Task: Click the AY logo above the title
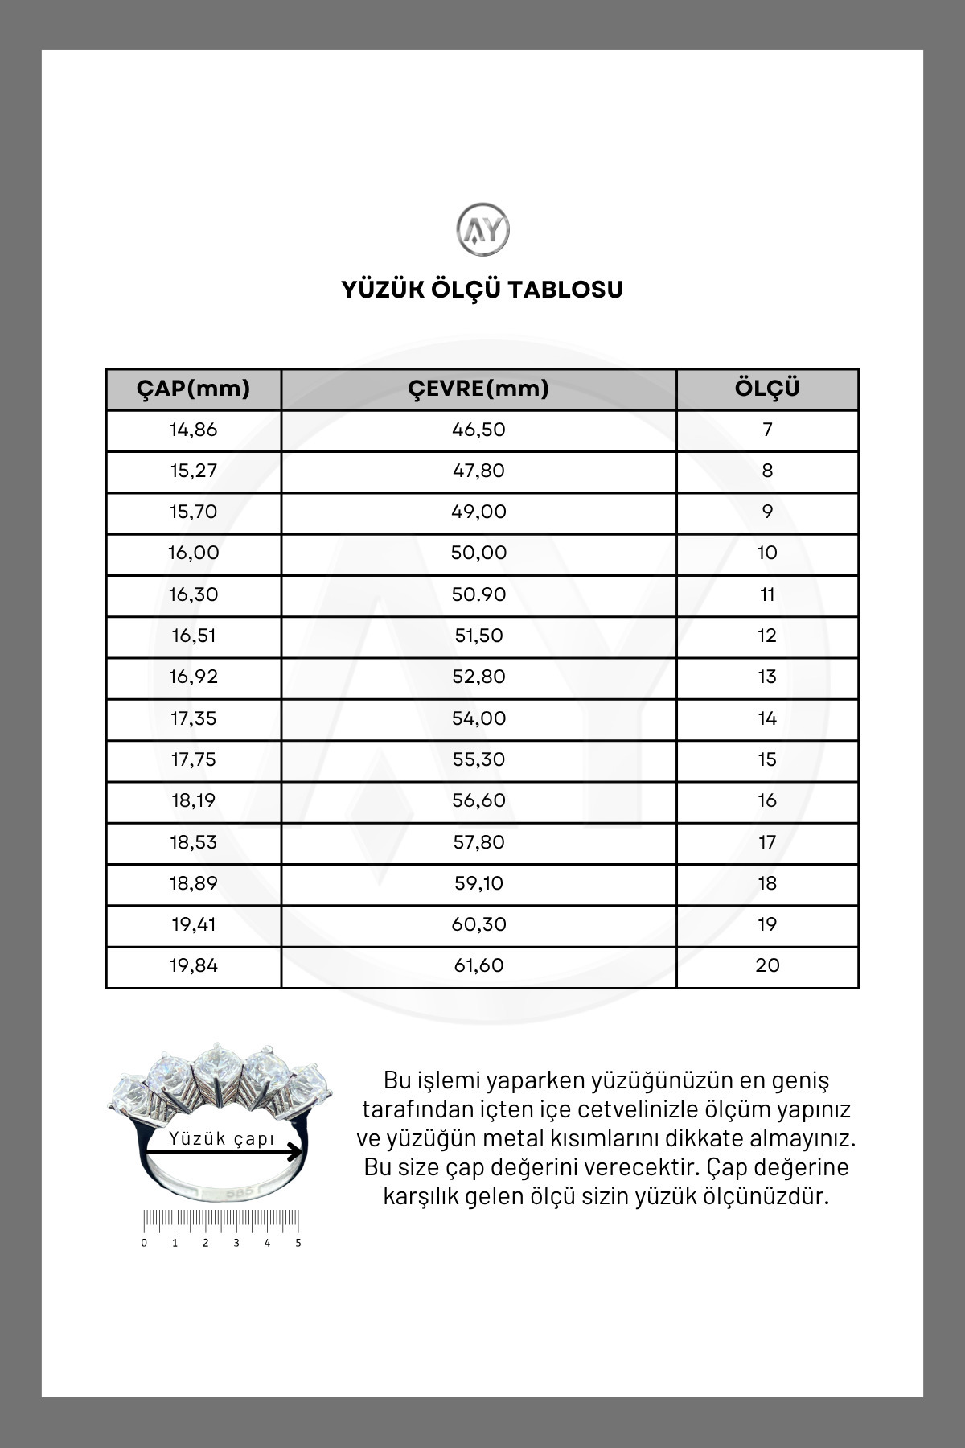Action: (x=482, y=230)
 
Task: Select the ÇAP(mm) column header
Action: (x=193, y=389)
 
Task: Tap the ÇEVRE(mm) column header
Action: (x=478, y=389)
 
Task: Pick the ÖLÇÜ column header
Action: (x=767, y=389)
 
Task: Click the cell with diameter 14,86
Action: (x=193, y=430)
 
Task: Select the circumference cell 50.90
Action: (x=478, y=595)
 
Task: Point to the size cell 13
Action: (x=767, y=677)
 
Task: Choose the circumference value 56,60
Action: (x=478, y=801)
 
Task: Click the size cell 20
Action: (x=767, y=966)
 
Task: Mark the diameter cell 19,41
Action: (x=193, y=925)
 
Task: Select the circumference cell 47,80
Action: (x=478, y=471)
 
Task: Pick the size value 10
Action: (x=767, y=553)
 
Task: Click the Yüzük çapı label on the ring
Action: (x=222, y=1138)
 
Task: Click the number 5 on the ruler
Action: (x=298, y=1243)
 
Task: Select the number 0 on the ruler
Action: (x=144, y=1243)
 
